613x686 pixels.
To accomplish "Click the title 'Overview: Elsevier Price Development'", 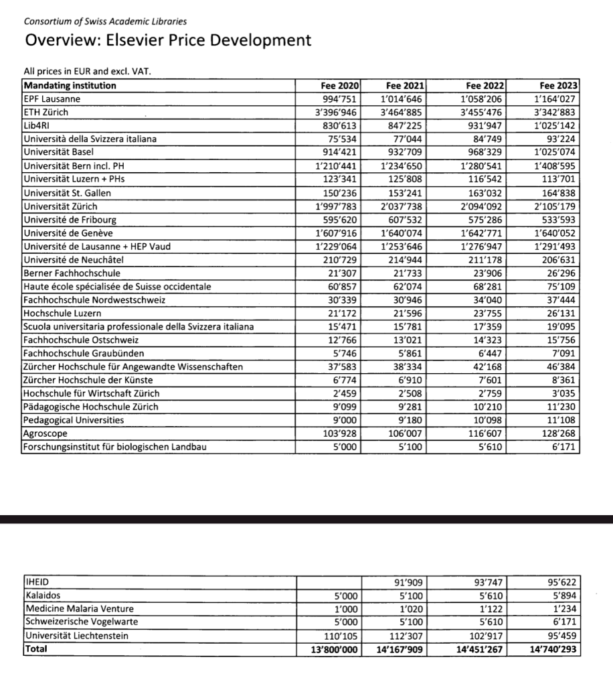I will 168,40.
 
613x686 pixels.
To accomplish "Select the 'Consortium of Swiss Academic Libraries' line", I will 105,21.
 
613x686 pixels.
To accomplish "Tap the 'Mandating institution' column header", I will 70,86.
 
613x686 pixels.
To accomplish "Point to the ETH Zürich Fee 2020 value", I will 337,113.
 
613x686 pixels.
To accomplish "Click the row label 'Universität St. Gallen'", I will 68,193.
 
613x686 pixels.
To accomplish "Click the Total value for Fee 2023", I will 553,648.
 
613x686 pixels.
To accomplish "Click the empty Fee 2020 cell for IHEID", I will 329,582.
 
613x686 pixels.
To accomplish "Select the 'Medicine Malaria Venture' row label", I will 79,608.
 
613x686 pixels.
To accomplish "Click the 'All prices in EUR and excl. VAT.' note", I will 92,72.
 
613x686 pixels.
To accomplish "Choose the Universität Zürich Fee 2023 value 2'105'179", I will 553,206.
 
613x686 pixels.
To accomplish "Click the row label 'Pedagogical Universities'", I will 74,420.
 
